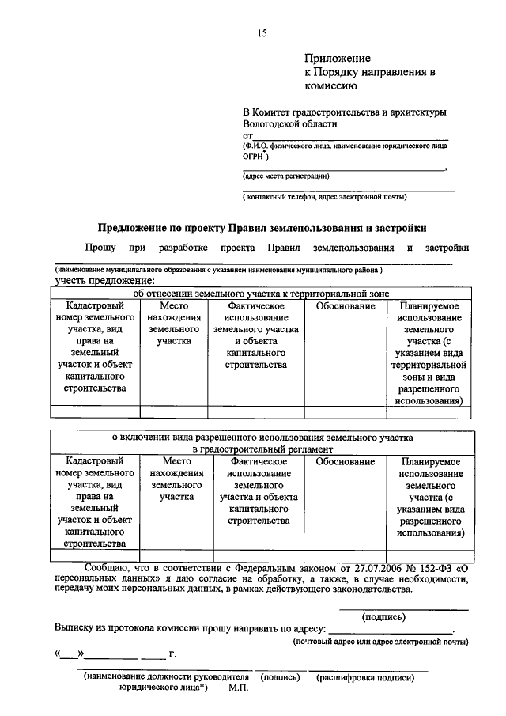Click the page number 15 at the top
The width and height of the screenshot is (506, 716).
click(x=262, y=32)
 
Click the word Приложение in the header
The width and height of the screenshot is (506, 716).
click(x=338, y=59)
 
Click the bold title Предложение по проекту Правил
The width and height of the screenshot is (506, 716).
click(x=262, y=227)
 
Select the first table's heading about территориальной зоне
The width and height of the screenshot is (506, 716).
click(x=262, y=293)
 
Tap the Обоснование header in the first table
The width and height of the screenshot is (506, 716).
click(x=345, y=306)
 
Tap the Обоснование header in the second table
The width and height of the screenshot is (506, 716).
click(x=345, y=461)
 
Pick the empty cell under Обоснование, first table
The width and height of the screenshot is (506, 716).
click(x=345, y=411)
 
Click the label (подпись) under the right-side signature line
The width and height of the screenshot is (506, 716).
click(x=383, y=616)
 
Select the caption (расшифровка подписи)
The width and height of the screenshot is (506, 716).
click(x=365, y=678)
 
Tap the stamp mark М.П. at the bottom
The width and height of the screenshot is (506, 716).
click(x=238, y=690)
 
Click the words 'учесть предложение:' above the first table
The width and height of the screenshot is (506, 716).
click(x=104, y=281)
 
